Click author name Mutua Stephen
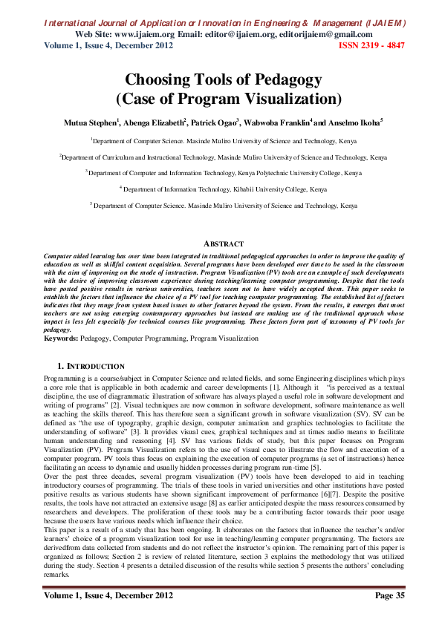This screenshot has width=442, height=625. point(88,121)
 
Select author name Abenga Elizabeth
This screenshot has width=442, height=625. point(154,121)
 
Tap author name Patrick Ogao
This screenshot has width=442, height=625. point(216,121)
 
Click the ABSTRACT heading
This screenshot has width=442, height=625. point(223,243)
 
